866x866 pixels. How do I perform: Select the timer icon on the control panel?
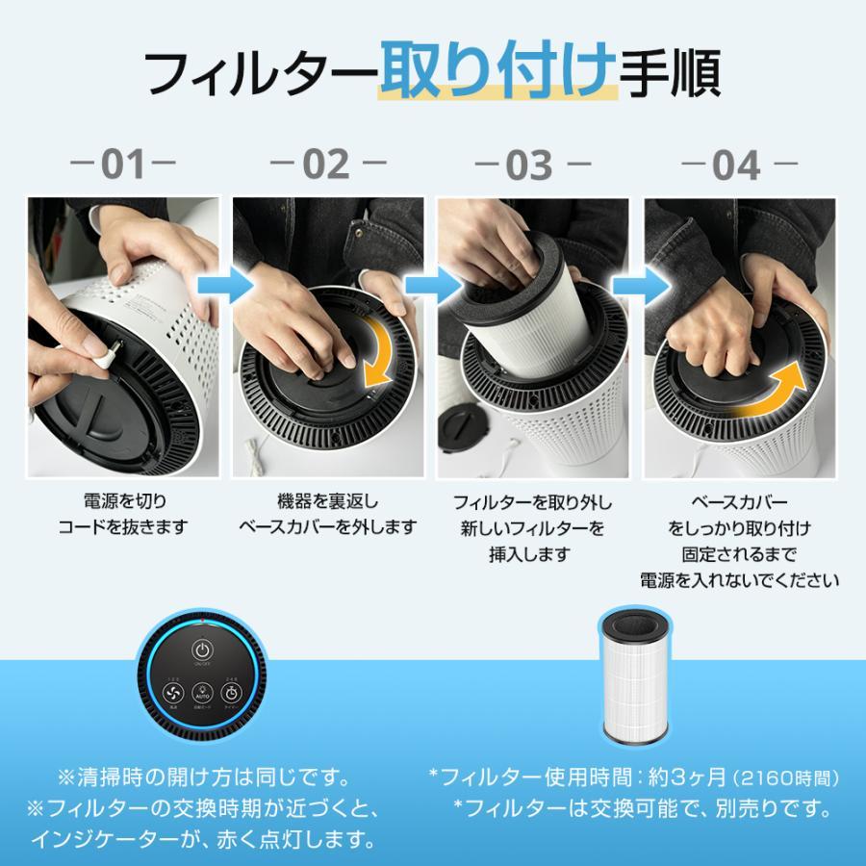tap(232, 689)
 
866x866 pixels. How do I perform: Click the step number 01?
tap(123, 166)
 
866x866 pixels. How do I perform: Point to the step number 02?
tap(327, 166)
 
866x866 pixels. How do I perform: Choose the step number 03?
tap(531, 166)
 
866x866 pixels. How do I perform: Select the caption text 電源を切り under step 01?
tap(123, 502)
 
